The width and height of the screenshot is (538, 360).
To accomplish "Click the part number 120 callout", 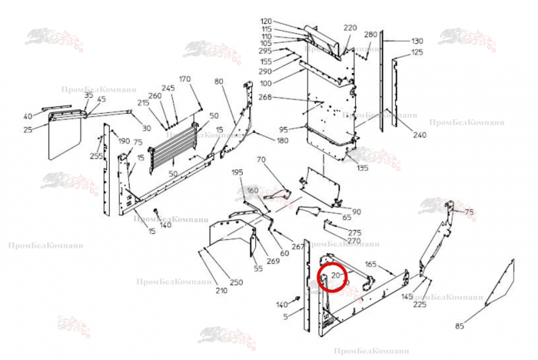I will click(266, 21).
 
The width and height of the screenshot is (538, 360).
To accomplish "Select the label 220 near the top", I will click(350, 28).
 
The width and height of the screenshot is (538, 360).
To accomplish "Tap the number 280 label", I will click(370, 35).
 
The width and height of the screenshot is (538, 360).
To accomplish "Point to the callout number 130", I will click(417, 41).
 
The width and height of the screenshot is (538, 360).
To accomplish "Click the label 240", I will click(419, 135).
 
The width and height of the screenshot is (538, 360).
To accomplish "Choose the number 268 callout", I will click(266, 98).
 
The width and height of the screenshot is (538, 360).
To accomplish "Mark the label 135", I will click(362, 168).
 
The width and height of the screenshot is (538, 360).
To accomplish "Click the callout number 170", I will click(184, 79).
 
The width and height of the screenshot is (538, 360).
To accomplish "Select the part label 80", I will click(218, 82).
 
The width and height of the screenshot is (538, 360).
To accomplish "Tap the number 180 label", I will click(261, 141).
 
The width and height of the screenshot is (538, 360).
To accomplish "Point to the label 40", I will click(28, 117).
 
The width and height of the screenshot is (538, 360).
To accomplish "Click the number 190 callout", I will click(124, 142).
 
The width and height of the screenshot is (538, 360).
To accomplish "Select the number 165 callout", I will click(370, 265).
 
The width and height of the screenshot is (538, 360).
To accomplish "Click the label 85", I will click(460, 327).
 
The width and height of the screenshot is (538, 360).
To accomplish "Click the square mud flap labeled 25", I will click(65, 137).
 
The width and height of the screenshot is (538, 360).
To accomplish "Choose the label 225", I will click(420, 305).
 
